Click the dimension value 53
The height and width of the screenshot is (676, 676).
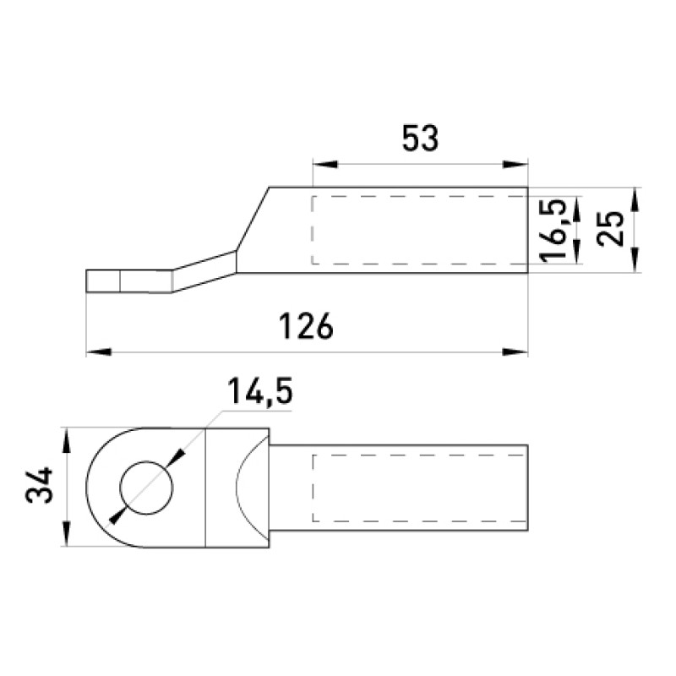[420, 139]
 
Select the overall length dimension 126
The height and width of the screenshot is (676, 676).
[306, 326]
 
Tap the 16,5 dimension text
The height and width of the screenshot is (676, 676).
[553, 230]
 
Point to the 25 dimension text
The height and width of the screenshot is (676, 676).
[610, 229]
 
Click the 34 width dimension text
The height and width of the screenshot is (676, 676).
[39, 485]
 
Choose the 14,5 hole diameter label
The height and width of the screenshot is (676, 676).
[259, 391]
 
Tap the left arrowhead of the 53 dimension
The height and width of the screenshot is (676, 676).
[325, 164]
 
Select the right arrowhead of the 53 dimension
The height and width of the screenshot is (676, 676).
[515, 164]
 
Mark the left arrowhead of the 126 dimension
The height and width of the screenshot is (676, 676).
[99, 352]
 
